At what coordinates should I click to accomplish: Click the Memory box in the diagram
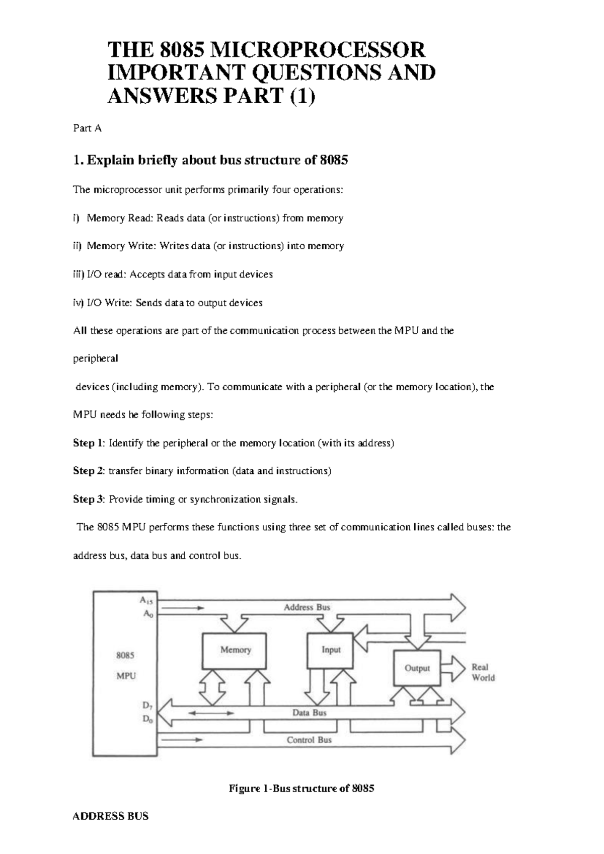click(x=235, y=650)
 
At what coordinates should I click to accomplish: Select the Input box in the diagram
click(x=331, y=650)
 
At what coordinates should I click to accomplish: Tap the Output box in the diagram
click(x=417, y=668)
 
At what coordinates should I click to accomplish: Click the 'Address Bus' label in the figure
click(x=307, y=607)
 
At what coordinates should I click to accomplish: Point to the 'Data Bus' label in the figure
click(x=309, y=713)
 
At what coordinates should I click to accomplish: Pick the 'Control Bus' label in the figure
click(x=309, y=740)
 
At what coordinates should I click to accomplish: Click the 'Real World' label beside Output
click(x=483, y=672)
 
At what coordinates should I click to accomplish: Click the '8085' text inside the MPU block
click(x=125, y=656)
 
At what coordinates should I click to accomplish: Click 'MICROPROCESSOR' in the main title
click(x=317, y=50)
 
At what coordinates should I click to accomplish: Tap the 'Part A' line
click(x=87, y=128)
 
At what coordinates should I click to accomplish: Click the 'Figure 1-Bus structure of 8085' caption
click(x=301, y=789)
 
